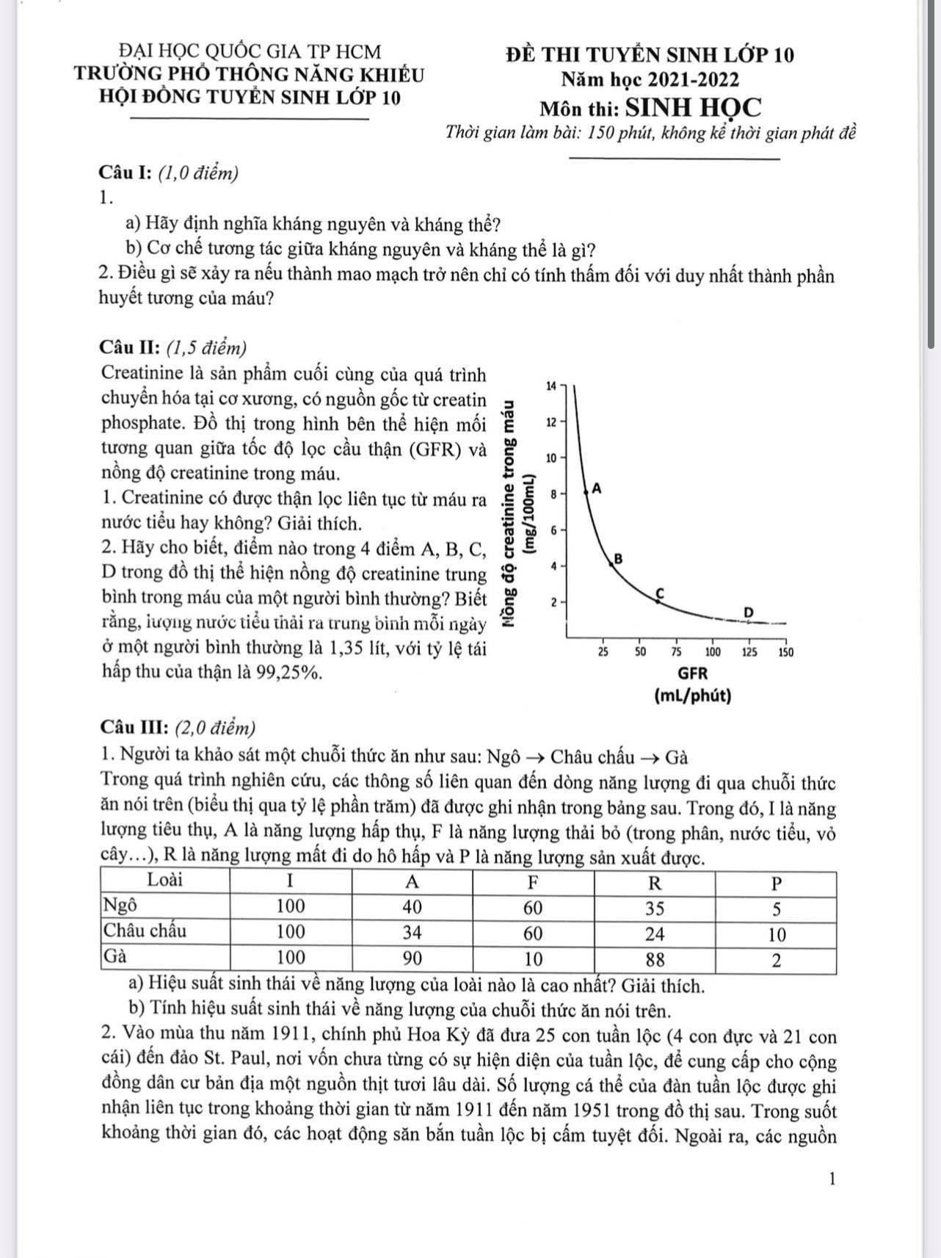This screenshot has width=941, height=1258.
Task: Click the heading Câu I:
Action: coord(126,173)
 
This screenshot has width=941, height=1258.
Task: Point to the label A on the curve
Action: coord(597,488)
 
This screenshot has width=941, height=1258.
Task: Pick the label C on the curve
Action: coord(659,592)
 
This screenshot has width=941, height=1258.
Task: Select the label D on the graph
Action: coord(749,612)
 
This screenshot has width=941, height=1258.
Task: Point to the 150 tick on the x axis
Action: coord(785,651)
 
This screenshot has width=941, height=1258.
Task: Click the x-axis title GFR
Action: coord(692,672)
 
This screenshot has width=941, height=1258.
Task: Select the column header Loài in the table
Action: coord(165,880)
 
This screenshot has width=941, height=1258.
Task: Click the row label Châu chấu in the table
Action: coord(145,931)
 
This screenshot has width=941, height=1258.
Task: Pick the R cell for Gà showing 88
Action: coord(654,958)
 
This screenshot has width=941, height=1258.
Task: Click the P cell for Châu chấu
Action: coord(777,934)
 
